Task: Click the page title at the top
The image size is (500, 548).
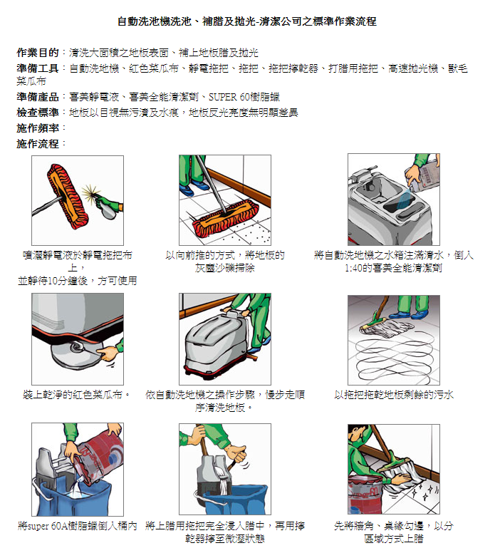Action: point(246,21)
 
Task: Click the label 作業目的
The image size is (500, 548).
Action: point(37,53)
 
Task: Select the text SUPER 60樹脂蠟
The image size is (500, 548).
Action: point(244,97)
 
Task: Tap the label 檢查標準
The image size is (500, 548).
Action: point(37,113)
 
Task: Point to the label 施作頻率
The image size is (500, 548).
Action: point(37,128)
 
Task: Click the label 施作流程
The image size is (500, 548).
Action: point(37,144)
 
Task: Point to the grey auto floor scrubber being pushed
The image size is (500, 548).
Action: point(216,345)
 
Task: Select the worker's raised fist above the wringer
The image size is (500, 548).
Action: point(238,453)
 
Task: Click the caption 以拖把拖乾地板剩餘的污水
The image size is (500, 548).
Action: point(394,395)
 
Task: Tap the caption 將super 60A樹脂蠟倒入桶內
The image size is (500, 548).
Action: point(77,526)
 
